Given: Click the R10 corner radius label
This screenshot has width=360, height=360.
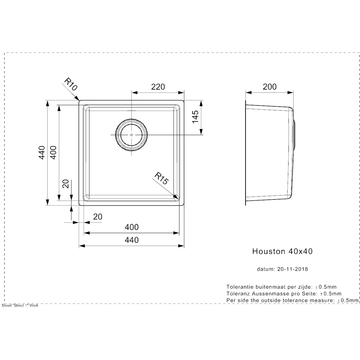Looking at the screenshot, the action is (71, 84).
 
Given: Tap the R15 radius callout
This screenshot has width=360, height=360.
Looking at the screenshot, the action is (162, 179).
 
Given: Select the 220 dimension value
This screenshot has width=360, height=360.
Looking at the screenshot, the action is (158, 87).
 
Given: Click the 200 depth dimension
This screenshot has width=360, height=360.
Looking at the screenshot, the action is (270, 87).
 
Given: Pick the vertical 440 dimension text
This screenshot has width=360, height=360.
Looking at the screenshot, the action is (42, 152).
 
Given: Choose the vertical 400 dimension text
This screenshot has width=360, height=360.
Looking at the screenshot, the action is (53, 152).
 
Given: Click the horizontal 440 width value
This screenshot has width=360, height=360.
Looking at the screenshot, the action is (131, 240).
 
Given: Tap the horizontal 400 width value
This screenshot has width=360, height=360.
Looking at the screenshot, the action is (131, 227).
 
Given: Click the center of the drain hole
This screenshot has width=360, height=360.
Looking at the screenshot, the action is (131, 135).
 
